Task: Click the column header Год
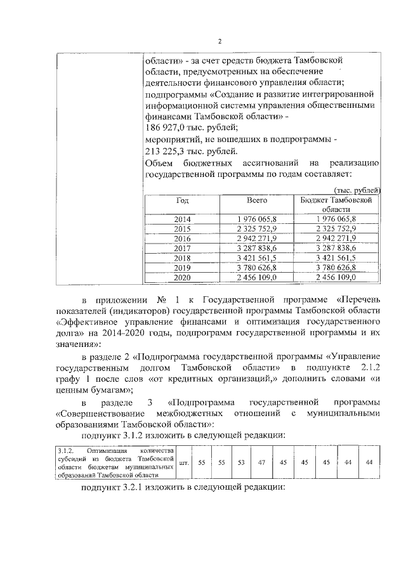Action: [182, 200]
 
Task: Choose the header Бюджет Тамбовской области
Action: [336, 204]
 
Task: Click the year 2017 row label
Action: [182, 248]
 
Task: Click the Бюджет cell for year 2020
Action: [336, 278]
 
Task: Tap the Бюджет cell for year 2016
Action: [336, 238]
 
